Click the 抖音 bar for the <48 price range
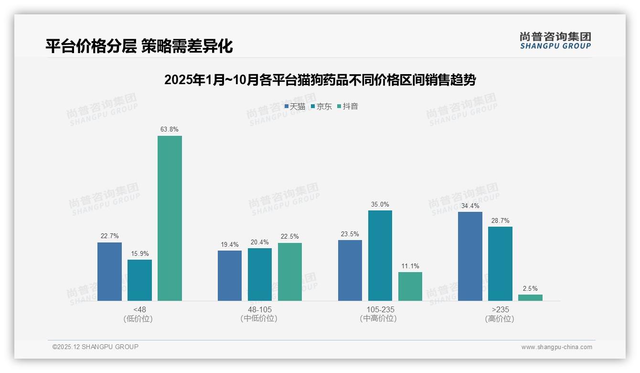pyautogui.click(x=170, y=218)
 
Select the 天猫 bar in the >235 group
pyautogui.click(x=470, y=256)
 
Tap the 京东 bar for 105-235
pyautogui.click(x=380, y=255)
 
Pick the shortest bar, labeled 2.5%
pyautogui.click(x=530, y=297)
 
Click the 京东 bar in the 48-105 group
pyautogui.click(x=259, y=274)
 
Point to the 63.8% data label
pyautogui.click(x=170, y=129)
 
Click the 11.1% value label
pyautogui.click(x=410, y=266)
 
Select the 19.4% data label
pyautogui.click(x=230, y=244)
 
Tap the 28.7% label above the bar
pyautogui.click(x=500, y=220)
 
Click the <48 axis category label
pyautogui.click(x=140, y=309)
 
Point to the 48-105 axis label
pyautogui.click(x=259, y=309)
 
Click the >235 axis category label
pyautogui.click(x=500, y=309)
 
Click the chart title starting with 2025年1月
pyautogui.click(x=320, y=80)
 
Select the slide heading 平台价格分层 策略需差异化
pyautogui.click(x=139, y=46)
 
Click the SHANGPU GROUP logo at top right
pyautogui.click(x=555, y=41)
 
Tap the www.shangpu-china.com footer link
pyautogui.click(x=556, y=347)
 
